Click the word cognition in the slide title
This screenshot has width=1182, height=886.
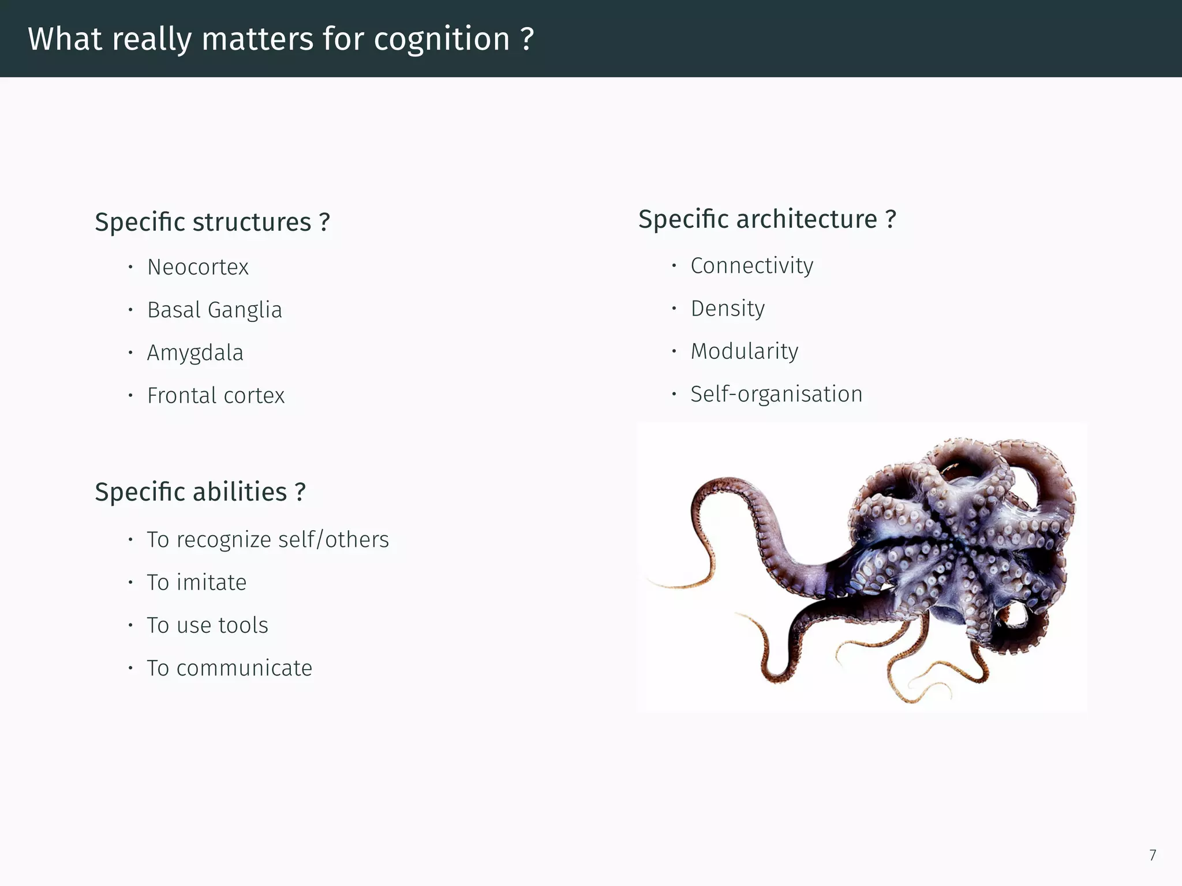tap(442, 39)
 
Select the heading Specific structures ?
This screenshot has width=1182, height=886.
tap(212, 222)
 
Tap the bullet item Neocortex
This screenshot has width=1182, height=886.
tap(198, 267)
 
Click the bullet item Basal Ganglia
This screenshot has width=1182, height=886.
tap(215, 310)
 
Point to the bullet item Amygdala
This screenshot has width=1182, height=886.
tap(195, 352)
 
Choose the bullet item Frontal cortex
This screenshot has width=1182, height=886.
tap(216, 396)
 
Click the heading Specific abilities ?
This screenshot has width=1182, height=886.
tap(200, 492)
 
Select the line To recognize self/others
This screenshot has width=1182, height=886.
tap(268, 540)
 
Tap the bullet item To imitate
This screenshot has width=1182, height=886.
tap(196, 583)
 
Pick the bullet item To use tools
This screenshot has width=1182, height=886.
tap(207, 625)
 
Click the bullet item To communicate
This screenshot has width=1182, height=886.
tap(229, 668)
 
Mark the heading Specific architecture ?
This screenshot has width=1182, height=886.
tap(767, 219)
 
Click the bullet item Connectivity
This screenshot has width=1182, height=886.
tap(751, 266)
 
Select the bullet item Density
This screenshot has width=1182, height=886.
tap(727, 309)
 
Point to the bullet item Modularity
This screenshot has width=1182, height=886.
tap(745, 351)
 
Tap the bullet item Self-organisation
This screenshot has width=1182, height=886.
tap(776, 394)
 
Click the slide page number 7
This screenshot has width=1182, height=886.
tap(1152, 855)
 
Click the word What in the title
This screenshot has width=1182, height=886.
tap(65, 39)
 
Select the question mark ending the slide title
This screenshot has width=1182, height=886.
tap(526, 39)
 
